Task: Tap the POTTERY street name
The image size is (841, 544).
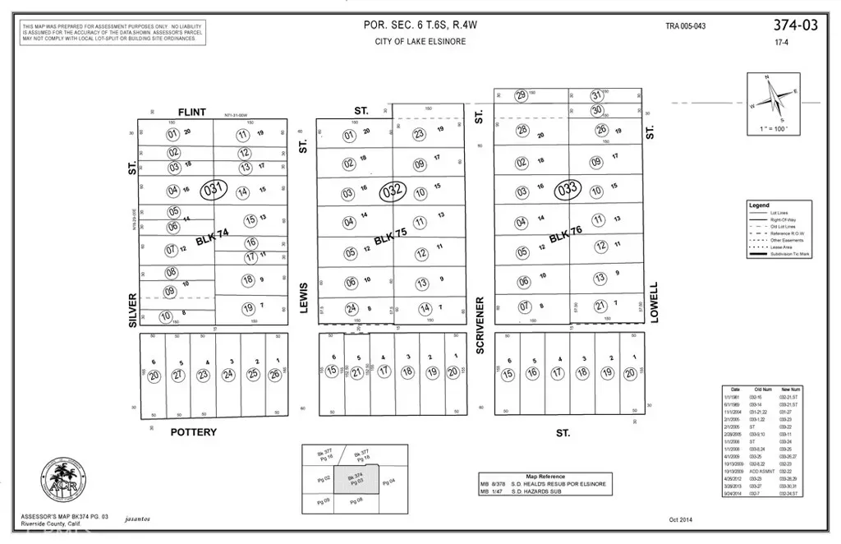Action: pos(193,432)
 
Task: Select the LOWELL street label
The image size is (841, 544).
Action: pos(655,302)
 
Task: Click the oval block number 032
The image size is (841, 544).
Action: pos(393,191)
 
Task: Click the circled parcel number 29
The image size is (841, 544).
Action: pos(521,95)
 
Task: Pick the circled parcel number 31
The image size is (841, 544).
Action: pos(597,95)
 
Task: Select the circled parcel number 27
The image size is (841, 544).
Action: pos(177,375)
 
